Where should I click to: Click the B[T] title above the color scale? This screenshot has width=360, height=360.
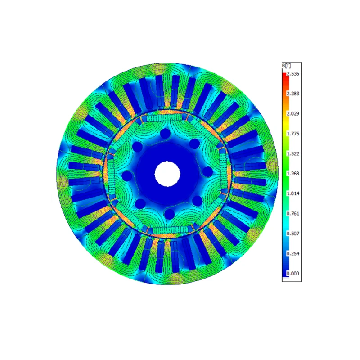[x=286, y=66]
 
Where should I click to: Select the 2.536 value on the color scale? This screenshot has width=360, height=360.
[x=293, y=74]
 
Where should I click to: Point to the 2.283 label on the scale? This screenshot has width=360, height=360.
[x=293, y=94]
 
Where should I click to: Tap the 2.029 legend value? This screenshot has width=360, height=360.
[x=293, y=114]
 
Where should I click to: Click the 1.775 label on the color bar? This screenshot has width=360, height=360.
[x=293, y=134]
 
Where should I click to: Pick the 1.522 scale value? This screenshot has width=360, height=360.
[x=293, y=153]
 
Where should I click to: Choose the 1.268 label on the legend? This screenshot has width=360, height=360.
[x=293, y=174]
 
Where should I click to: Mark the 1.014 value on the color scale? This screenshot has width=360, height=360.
[x=293, y=193]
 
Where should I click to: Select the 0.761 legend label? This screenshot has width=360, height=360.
[x=293, y=213]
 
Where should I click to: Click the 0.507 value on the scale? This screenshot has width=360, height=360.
[x=293, y=234]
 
